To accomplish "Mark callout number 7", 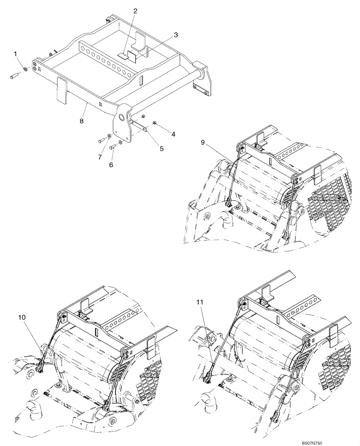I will [99, 157].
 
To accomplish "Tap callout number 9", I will [203, 143].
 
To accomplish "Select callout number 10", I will [21, 317].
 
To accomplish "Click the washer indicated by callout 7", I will [110, 136].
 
